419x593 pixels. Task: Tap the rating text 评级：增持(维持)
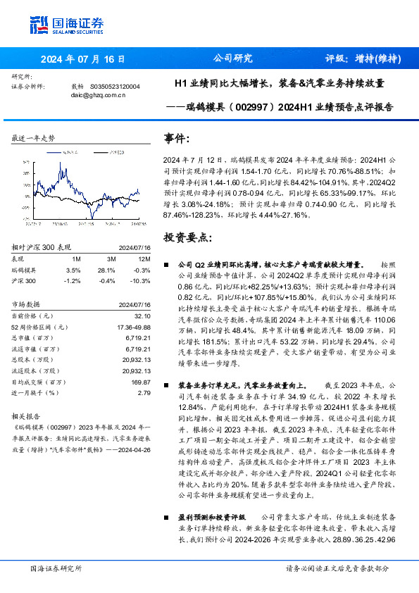[363, 58]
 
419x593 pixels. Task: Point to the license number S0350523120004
[115, 87]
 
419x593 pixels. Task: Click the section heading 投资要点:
[187, 237]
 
